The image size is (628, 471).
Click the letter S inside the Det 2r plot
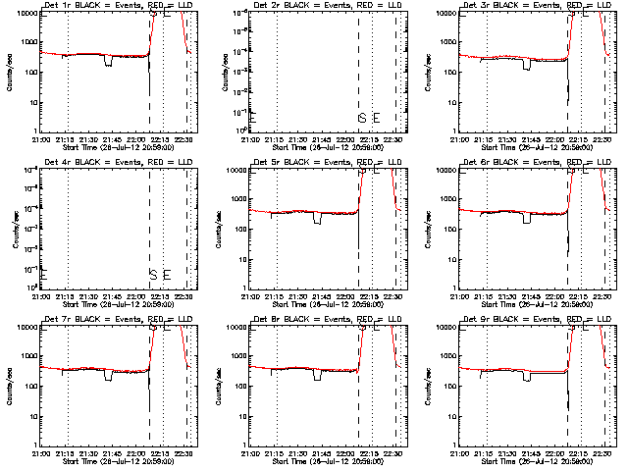pos(362,119)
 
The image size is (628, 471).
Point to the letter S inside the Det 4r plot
pos(152,274)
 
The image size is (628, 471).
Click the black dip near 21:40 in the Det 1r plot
pos(108,61)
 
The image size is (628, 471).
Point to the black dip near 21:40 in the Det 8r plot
pos(318,376)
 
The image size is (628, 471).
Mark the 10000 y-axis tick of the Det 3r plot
pos(446,14)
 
